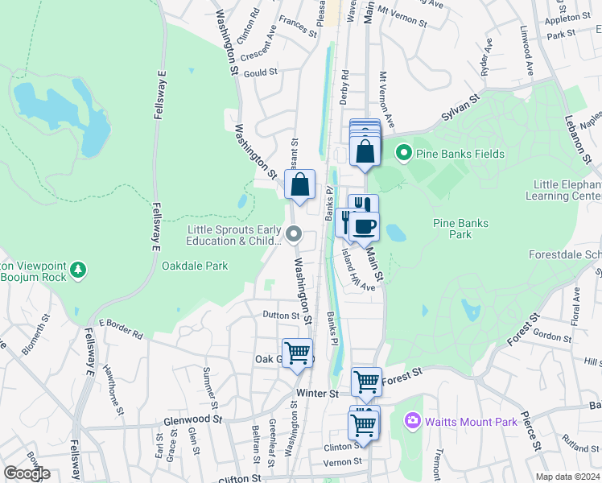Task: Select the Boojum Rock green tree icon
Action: tap(78, 268)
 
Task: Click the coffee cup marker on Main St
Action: tap(365, 226)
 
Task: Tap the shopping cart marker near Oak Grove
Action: tap(298, 353)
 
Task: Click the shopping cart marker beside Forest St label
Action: tap(367, 382)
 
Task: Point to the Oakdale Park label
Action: tap(195, 266)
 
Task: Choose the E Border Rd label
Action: tap(121, 328)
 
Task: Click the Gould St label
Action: tap(260, 72)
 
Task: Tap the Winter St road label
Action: tap(318, 394)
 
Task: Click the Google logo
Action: tap(27, 473)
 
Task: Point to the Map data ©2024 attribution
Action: tap(567, 477)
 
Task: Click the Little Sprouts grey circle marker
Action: tap(294, 235)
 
